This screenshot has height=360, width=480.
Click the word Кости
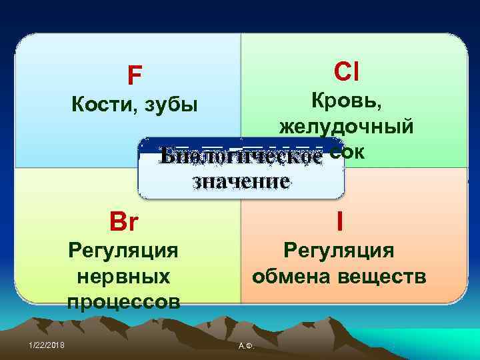point(96,105)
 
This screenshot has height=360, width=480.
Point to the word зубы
point(168,106)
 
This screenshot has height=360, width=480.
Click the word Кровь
point(345,101)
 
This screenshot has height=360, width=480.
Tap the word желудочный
point(346,127)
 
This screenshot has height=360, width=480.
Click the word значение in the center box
point(241,181)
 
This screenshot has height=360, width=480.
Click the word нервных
point(123,275)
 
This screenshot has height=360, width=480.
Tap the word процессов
point(123,301)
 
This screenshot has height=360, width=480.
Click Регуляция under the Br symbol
point(123,251)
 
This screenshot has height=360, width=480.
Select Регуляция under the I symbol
point(339,250)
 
